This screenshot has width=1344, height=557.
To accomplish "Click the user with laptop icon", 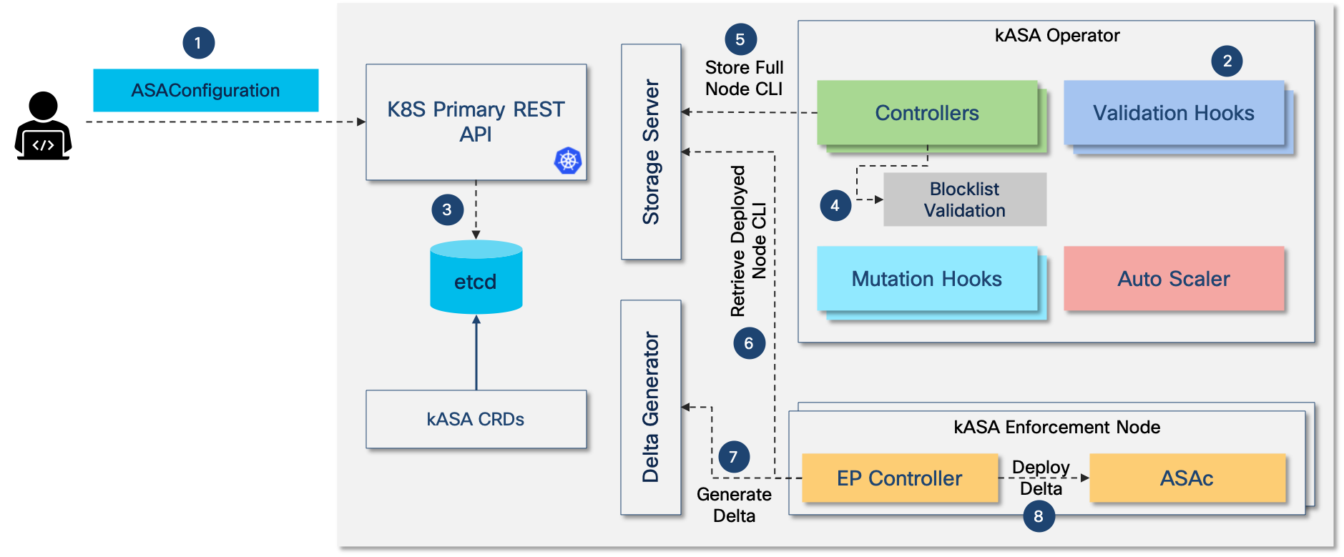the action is (43, 125).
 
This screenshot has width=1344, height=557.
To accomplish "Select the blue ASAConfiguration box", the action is (206, 90).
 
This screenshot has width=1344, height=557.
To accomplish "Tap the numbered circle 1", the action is (198, 43).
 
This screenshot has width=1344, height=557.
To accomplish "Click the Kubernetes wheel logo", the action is (568, 160).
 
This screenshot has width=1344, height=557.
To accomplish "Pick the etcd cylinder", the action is (476, 277).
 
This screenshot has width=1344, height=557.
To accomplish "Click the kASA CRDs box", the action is (476, 419).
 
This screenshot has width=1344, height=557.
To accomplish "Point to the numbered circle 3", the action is (447, 210).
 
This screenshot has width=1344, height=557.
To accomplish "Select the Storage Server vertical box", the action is (651, 152).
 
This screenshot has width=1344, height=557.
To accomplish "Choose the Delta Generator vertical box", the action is (651, 407).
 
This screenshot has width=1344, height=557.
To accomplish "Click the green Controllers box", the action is (927, 113).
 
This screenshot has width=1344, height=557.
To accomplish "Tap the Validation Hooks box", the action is (1174, 113).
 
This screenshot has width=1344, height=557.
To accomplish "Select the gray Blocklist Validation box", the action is (965, 199).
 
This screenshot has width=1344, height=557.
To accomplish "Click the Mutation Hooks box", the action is (927, 279).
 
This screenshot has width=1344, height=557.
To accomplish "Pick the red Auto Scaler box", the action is (1174, 279).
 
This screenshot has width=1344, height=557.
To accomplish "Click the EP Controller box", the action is (900, 478).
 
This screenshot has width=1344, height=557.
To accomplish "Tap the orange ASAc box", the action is (1187, 478).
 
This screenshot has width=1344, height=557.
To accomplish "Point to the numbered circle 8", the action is (1039, 516).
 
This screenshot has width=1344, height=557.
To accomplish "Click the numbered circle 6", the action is (749, 343).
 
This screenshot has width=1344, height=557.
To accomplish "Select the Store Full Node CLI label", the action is (744, 78).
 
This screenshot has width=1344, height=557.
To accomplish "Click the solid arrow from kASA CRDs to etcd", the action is (476, 353).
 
